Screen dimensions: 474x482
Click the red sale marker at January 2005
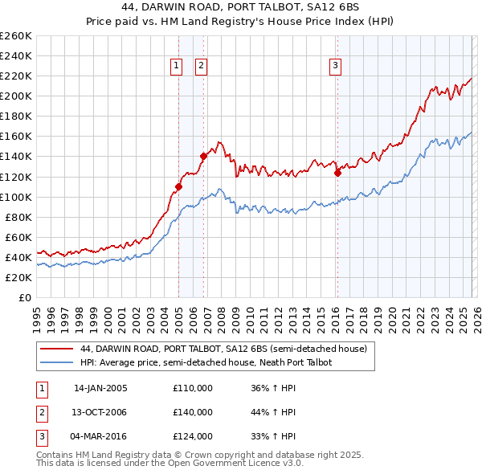(178, 186)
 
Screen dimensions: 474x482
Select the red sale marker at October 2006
(203, 157)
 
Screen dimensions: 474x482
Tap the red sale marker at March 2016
(337, 172)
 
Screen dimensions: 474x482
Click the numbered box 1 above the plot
(176, 67)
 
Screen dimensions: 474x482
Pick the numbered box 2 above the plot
(201, 67)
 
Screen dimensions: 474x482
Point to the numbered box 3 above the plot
(335, 67)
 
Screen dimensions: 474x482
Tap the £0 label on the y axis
(24, 297)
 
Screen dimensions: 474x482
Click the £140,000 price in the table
(193, 412)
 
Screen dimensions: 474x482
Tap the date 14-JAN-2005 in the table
(100, 388)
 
